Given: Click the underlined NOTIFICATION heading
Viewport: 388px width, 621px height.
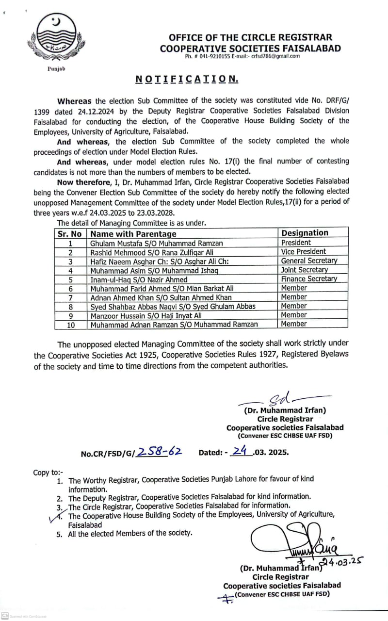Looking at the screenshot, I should pyautogui.click(x=187, y=79).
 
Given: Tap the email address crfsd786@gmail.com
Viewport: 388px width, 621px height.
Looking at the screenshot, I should pyautogui.click(x=275, y=56).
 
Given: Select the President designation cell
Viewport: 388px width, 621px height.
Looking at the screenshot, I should pyautogui.click(x=296, y=243).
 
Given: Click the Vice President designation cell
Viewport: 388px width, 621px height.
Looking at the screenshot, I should pyautogui.click(x=304, y=251).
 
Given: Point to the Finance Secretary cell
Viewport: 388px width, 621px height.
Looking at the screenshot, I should pyautogui.click(x=309, y=278).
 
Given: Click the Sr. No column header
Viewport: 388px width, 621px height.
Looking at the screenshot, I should pyautogui.click(x=70, y=233).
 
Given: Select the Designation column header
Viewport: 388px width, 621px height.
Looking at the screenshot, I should pyautogui.click(x=305, y=233).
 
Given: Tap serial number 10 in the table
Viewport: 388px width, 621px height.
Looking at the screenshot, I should pyautogui.click(x=70, y=325).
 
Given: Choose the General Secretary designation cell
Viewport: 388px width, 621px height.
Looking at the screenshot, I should pyautogui.click(x=309, y=261).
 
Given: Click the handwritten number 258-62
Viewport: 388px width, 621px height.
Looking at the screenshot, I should pyautogui.click(x=159, y=451).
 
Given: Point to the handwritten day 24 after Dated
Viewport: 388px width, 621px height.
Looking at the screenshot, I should pyautogui.click(x=240, y=451).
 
